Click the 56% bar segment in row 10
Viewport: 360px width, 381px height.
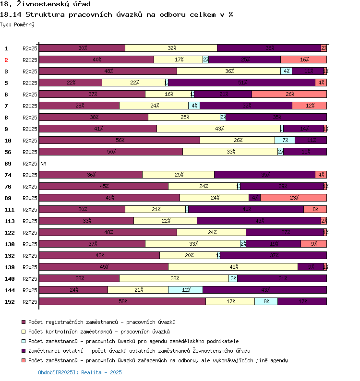click(x=120, y=140)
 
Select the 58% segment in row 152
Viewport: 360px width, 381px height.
click(x=122, y=301)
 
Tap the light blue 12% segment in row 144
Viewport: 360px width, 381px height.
click(x=185, y=290)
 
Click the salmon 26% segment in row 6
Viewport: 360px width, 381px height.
click(x=289, y=94)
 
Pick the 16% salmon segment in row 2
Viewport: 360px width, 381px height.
click(x=303, y=60)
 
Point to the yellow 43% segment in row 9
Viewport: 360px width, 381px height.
click(x=218, y=129)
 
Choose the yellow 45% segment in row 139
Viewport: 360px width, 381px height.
click(x=233, y=267)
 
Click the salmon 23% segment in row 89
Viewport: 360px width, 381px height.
click(x=293, y=198)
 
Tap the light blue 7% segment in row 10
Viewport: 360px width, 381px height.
click(x=285, y=140)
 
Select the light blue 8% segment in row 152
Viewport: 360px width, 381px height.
click(x=266, y=301)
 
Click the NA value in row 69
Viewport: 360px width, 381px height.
click(x=43, y=164)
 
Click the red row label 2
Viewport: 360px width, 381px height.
click(x=6, y=60)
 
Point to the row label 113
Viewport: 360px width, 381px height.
click(x=10, y=221)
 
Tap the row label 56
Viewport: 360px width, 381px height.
click(x=8, y=152)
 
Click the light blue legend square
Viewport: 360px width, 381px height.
click(x=23, y=341)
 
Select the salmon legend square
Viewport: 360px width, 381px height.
click(x=23, y=360)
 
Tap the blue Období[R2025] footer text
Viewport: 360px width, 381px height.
click(x=80, y=372)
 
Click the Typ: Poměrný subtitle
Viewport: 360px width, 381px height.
click(x=17, y=24)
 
